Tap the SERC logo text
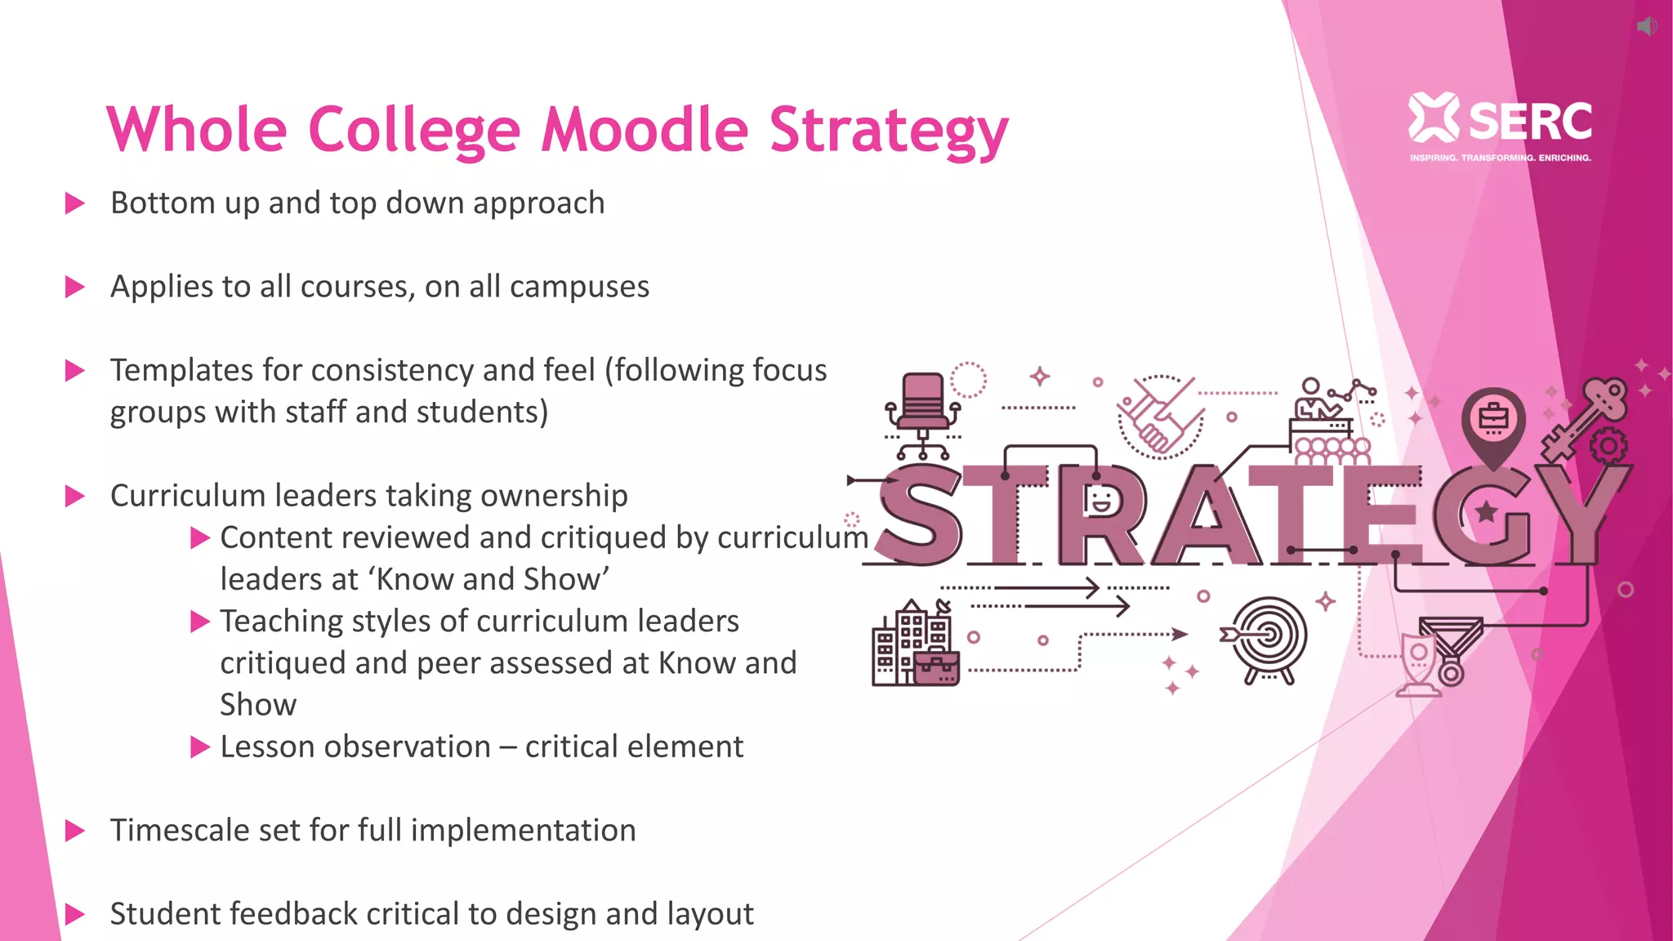coord(1529,122)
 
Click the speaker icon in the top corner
coord(1647,26)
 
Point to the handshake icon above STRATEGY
coord(1161,416)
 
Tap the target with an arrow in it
coord(1268,638)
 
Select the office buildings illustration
coord(914,645)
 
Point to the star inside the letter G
coord(1486,512)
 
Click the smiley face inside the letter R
coord(1100,500)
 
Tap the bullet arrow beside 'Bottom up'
coord(75,203)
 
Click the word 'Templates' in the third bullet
coord(181,370)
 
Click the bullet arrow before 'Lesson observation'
coord(200,747)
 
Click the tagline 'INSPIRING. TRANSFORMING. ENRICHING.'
coord(1500,158)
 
